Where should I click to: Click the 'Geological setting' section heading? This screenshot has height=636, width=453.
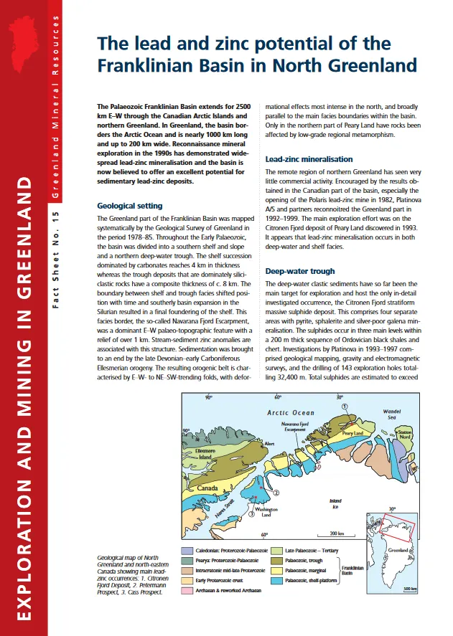(130, 206)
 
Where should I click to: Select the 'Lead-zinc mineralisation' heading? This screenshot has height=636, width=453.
(309, 159)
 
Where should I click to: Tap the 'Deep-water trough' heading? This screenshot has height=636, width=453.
(300, 272)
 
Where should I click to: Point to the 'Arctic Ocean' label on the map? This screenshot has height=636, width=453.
(291, 413)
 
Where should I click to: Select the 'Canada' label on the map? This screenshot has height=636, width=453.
(207, 489)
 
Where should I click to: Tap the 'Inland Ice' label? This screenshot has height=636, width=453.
(335, 503)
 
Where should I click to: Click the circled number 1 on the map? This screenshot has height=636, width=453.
(345, 406)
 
